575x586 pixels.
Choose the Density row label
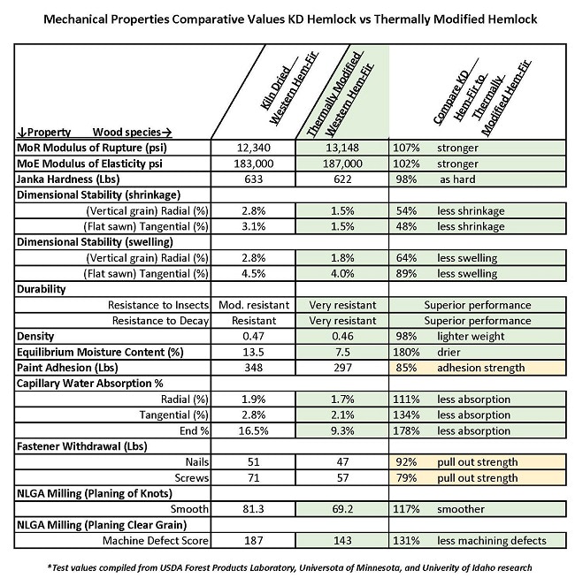(x=36, y=337)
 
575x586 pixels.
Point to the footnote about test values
(x=287, y=566)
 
